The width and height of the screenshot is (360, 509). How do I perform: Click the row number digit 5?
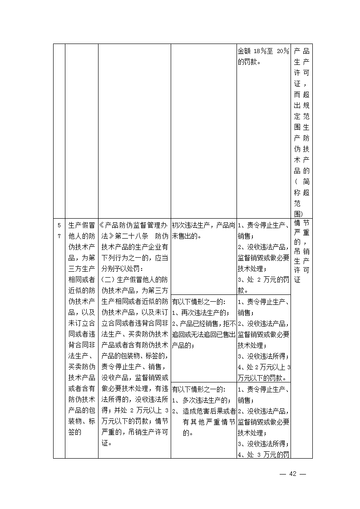click(59, 225)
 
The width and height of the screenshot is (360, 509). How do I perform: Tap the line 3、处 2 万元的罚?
click(263, 279)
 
